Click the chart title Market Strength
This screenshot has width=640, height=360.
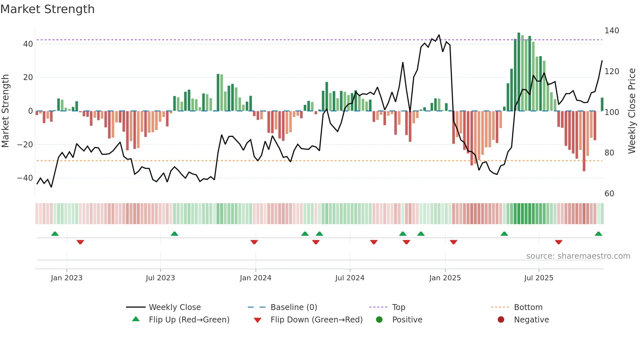47,9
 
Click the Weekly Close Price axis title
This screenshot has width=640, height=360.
632,111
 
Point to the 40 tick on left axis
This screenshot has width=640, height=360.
28,44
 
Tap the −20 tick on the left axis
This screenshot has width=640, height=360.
25,144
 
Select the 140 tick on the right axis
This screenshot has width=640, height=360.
612,31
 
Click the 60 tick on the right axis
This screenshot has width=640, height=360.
609,193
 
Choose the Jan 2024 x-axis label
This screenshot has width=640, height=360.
255,278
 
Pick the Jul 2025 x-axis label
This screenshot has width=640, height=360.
538,278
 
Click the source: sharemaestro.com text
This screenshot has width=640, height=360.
578,256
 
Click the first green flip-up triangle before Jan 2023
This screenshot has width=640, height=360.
55,234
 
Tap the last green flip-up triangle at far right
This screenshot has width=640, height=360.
598,234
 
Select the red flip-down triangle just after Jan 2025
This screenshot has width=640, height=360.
453,242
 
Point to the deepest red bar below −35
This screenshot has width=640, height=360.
584,141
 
